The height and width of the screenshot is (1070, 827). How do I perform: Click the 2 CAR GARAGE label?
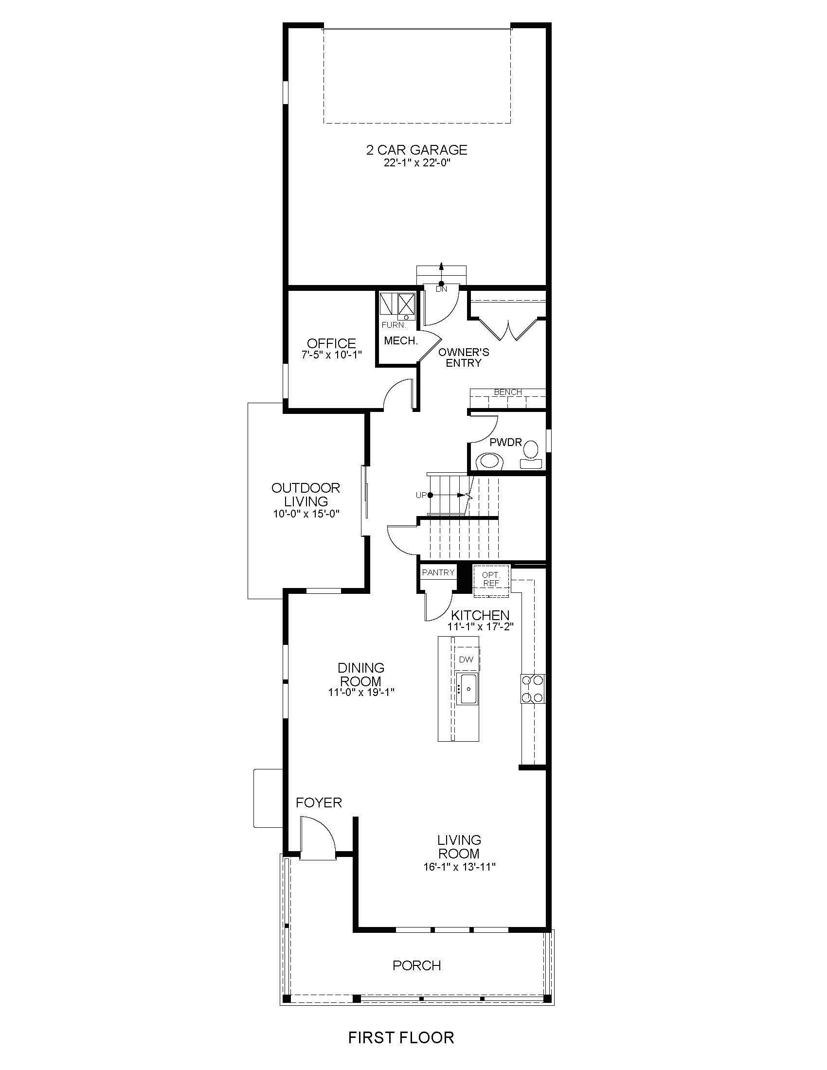(x=416, y=149)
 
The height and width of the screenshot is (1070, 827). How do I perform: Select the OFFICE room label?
(x=331, y=343)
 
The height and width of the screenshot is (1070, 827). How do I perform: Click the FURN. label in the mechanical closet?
(x=394, y=325)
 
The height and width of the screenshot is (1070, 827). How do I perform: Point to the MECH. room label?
(x=401, y=341)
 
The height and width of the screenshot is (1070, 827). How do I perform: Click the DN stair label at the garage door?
(x=441, y=289)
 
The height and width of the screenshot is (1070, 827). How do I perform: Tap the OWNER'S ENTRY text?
(x=464, y=357)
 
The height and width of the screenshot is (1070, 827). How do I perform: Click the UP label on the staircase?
(x=421, y=495)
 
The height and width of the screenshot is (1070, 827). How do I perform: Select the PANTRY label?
(x=438, y=572)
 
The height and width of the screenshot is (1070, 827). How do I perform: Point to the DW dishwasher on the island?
(x=467, y=660)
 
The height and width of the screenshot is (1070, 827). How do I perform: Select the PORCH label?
(x=416, y=965)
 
